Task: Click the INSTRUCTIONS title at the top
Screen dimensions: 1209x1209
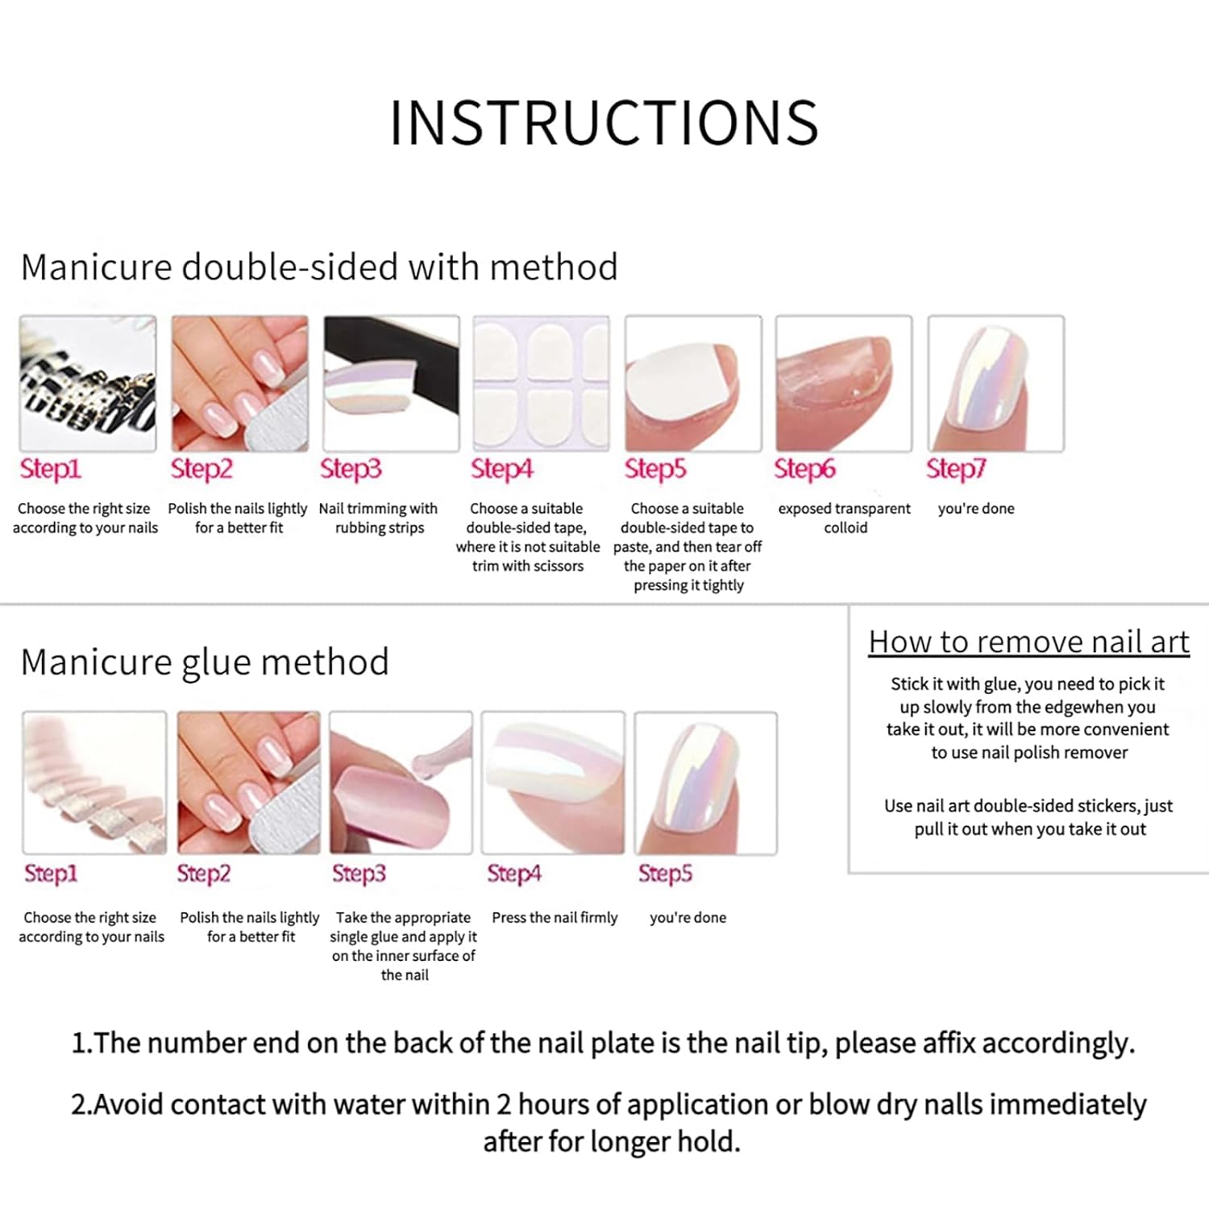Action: tap(604, 123)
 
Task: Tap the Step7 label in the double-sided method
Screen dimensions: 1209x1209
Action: tap(956, 468)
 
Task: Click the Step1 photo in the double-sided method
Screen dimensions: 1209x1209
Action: tap(88, 384)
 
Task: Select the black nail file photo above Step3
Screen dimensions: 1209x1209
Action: tap(391, 384)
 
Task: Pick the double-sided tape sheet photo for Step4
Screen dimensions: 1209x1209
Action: tap(542, 384)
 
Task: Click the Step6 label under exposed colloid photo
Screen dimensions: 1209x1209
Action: tap(804, 468)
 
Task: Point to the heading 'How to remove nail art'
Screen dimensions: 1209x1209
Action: tap(1029, 642)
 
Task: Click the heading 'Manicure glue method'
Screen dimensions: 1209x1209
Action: tap(205, 662)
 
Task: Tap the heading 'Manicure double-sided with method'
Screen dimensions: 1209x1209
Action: tap(319, 267)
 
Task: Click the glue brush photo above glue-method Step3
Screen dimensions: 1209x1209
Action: tap(401, 783)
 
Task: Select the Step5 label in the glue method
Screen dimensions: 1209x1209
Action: tap(665, 873)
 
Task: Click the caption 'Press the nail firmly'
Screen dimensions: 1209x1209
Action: tap(555, 917)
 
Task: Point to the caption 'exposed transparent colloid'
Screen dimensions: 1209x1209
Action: tap(845, 518)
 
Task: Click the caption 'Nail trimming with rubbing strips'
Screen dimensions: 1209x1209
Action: tap(379, 518)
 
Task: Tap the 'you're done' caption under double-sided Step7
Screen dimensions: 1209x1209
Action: tap(976, 509)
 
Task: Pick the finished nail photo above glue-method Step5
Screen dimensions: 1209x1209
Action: tap(706, 783)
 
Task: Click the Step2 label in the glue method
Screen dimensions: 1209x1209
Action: tap(203, 873)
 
